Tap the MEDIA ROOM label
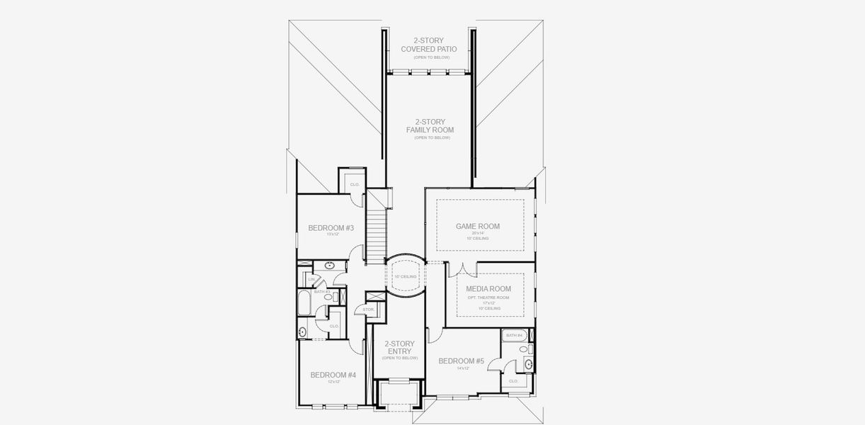click(488, 289)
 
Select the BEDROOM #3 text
click(331, 227)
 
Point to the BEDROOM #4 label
click(333, 375)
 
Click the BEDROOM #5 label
click(461, 361)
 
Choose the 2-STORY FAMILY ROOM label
click(430, 126)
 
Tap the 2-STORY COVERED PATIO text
click(428, 45)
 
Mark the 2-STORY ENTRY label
click(399, 348)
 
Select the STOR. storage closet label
click(368, 310)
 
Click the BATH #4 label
click(513, 335)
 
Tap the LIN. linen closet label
click(302, 279)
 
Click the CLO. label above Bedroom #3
click(355, 185)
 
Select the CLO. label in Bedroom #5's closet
click(513, 381)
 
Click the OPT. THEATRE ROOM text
click(488, 297)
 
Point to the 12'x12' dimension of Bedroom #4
click(333, 382)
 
